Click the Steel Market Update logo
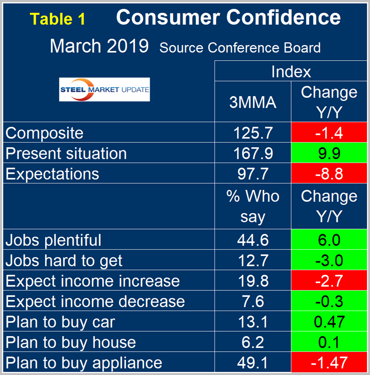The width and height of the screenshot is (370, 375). tap(104, 89)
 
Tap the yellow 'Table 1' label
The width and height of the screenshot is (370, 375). tap(58, 19)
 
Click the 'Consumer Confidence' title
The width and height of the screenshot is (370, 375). tap(228, 18)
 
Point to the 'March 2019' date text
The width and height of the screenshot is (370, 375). tap(99, 46)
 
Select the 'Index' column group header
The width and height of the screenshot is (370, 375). tap(291, 72)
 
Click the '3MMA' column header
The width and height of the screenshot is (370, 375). tap(253, 102)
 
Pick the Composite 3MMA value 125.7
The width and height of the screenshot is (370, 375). tap(253, 133)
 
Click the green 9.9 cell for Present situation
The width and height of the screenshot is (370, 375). tap(329, 153)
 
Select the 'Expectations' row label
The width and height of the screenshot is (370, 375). tap(52, 174)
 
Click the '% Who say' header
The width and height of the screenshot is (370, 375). tap(253, 206)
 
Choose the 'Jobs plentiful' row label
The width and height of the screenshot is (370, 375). tap(53, 240)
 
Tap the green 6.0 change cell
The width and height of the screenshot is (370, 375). tap(329, 240)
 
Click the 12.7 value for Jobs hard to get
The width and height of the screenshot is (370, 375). tap(253, 260)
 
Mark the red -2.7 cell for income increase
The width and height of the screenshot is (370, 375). tap(329, 281)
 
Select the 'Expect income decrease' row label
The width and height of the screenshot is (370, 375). tap(95, 301)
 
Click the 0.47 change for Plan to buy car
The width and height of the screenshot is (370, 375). tap(329, 322)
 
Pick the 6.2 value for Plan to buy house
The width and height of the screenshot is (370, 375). tap(253, 342)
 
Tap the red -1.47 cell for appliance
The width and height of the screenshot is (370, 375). tap(329, 363)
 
